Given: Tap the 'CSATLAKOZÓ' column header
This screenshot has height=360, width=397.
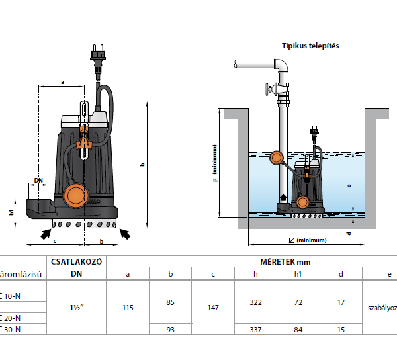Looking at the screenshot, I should tap(75, 261).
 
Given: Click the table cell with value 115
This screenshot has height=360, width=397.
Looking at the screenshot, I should tap(128, 308).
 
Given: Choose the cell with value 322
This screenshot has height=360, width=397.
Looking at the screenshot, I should tap(255, 302).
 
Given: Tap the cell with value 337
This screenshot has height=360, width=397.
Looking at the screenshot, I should tap(255, 329).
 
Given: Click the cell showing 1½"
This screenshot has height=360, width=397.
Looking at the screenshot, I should tap(75, 308).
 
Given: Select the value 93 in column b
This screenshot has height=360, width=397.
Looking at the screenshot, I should tap(171, 329).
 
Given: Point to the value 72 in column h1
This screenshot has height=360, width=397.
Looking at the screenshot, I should tap(298, 302).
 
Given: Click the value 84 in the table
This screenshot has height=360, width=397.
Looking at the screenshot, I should tap(298, 329).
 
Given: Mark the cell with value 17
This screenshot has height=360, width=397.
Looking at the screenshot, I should tap(340, 302).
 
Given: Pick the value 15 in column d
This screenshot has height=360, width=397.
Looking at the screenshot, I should tap(340, 329).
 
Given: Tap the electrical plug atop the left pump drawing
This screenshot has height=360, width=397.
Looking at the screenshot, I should tap(98, 54).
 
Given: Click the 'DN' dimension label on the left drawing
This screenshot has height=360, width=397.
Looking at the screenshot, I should tap(38, 180).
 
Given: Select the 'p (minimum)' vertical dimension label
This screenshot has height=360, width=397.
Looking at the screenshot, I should tap(215, 162).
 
